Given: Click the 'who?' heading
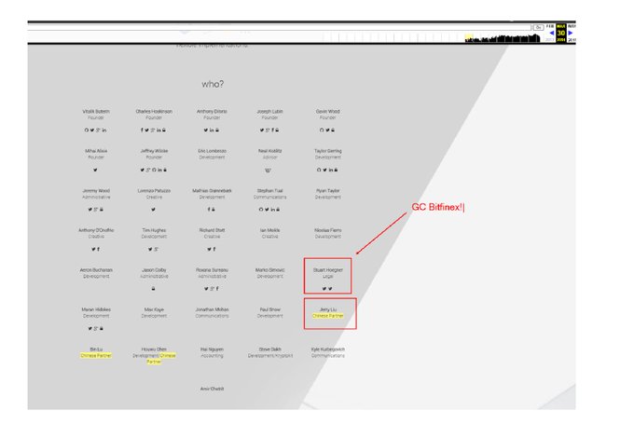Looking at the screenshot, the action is (213, 84).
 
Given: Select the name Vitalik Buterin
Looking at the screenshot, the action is (96, 112).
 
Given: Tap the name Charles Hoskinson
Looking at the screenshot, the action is (154, 112).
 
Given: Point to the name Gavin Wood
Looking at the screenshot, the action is (327, 112).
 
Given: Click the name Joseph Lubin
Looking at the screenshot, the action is (269, 112).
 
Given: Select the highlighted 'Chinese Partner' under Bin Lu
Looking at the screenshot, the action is (96, 356).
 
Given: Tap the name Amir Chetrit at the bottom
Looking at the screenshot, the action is (212, 389).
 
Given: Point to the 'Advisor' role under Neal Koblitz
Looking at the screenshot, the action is (269, 157).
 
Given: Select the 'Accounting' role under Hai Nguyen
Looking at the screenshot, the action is (212, 356).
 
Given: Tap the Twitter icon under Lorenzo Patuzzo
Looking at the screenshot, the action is (154, 210).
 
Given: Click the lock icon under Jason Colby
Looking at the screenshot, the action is (154, 289).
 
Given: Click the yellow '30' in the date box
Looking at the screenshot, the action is (561, 33).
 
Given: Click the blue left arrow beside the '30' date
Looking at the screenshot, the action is (552, 33).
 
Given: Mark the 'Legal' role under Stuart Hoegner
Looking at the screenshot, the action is (327, 277).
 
